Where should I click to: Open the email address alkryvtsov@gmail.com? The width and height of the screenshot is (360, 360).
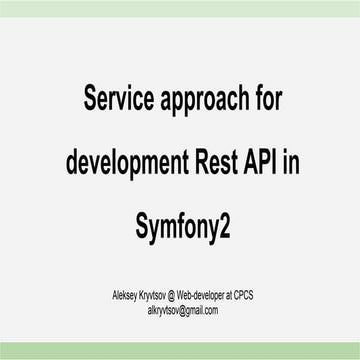tap(180, 311)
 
